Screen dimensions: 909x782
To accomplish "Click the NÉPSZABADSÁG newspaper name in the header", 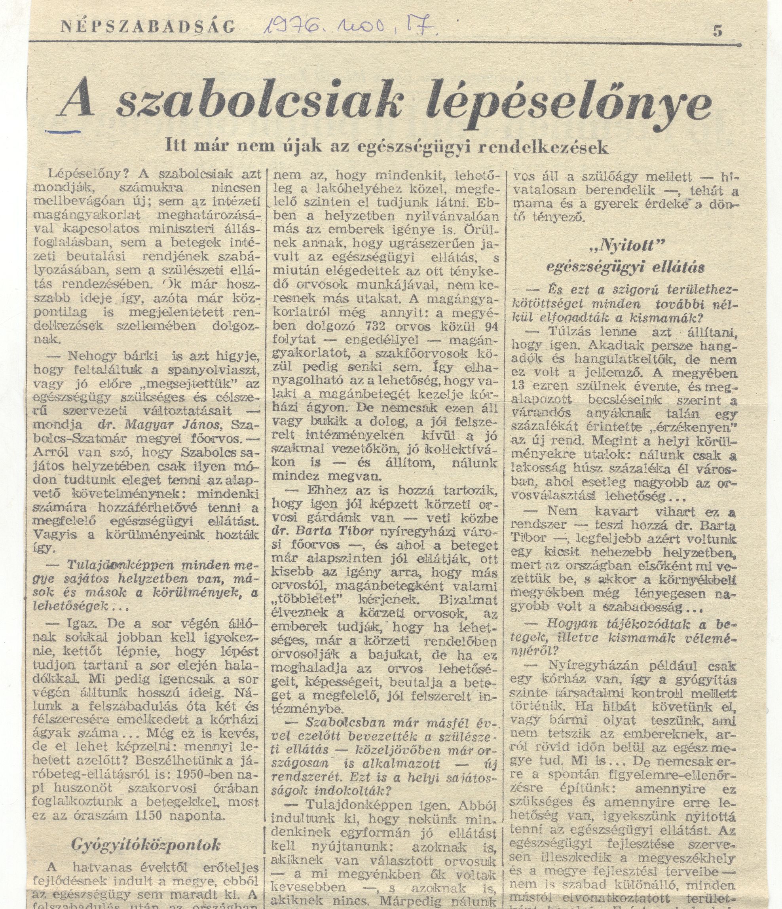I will [148, 27].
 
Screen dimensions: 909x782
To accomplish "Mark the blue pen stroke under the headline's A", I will [63, 130].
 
